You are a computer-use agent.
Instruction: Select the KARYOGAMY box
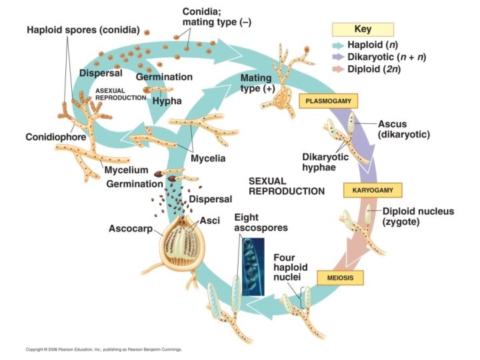click(x=373, y=190)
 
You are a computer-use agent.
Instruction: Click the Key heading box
click(x=363, y=29)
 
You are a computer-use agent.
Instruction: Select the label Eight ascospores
click(x=261, y=223)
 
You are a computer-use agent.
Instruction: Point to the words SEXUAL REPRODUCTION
click(x=286, y=185)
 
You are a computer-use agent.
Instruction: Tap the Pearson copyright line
click(x=103, y=349)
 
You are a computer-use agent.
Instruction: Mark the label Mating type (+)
click(x=257, y=83)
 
